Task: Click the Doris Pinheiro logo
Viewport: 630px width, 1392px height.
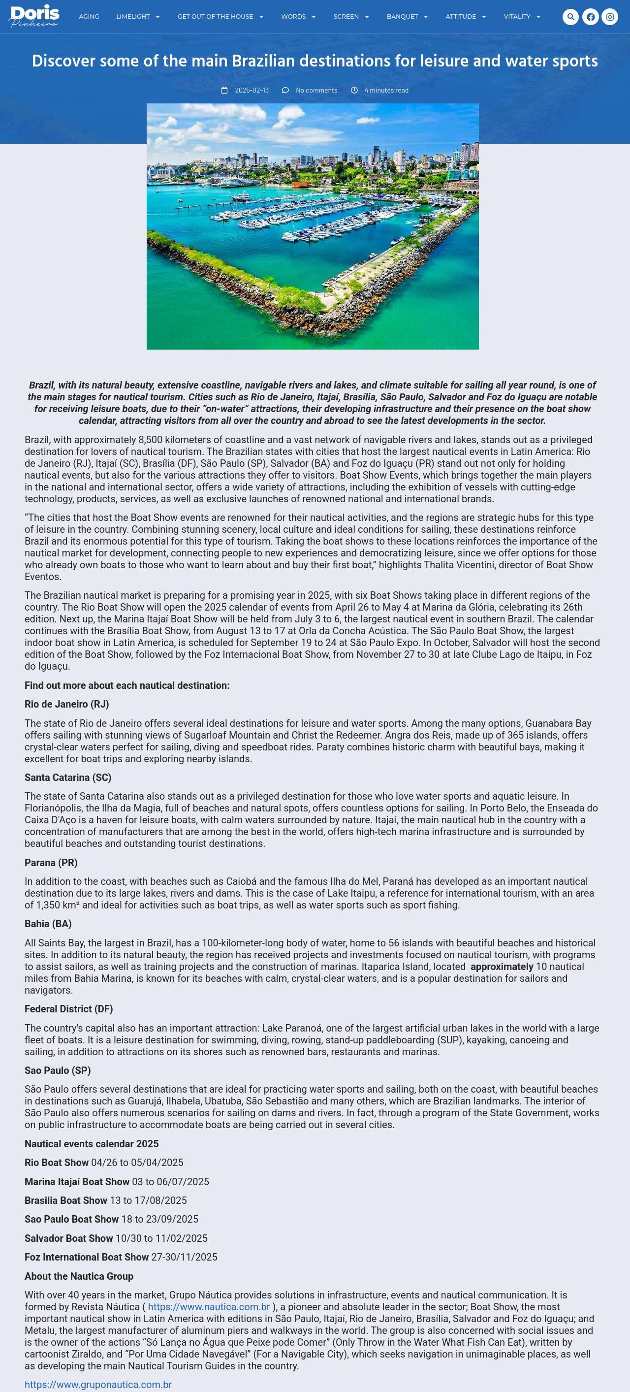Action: (x=34, y=16)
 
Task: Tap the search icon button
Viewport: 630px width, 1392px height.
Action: (x=570, y=17)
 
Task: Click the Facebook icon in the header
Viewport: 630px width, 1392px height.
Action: (x=590, y=17)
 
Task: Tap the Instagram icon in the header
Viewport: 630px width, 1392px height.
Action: (x=609, y=17)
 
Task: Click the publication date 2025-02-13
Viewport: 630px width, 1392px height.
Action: (x=251, y=90)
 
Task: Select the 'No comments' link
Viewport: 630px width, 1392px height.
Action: (x=316, y=90)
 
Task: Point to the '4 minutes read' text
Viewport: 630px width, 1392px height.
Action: (x=386, y=90)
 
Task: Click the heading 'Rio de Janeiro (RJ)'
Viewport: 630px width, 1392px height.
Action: (x=66, y=704)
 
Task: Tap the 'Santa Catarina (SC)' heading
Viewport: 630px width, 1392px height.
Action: (x=67, y=777)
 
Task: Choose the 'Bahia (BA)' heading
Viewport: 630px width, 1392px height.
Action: (x=48, y=924)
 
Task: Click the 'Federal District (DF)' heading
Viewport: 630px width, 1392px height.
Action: (x=68, y=1009)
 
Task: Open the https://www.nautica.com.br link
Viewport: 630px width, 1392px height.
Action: (x=209, y=1307)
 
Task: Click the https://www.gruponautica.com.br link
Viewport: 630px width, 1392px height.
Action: (x=98, y=1385)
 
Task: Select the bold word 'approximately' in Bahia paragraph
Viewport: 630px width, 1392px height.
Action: (x=502, y=967)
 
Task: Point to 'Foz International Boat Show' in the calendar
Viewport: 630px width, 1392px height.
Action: (x=87, y=1257)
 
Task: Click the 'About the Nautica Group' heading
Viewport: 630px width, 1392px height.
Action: (x=79, y=1276)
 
